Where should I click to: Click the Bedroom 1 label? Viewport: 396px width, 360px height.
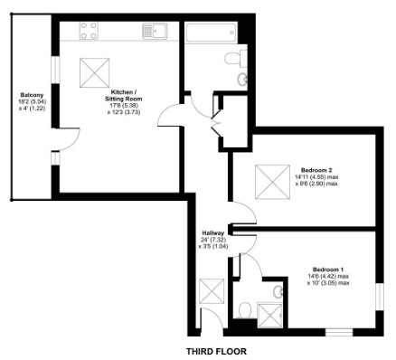(326, 276)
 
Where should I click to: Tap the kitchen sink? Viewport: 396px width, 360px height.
(155, 32)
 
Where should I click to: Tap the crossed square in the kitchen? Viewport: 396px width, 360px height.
(90, 70)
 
